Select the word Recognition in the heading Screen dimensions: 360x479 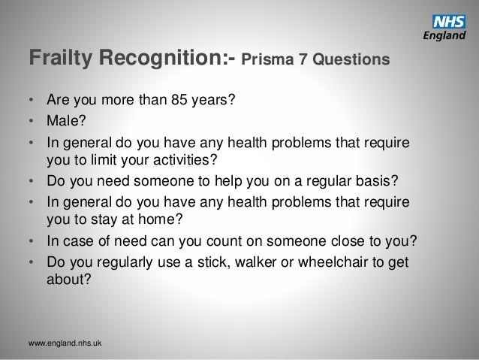pyautogui.click(x=166, y=59)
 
